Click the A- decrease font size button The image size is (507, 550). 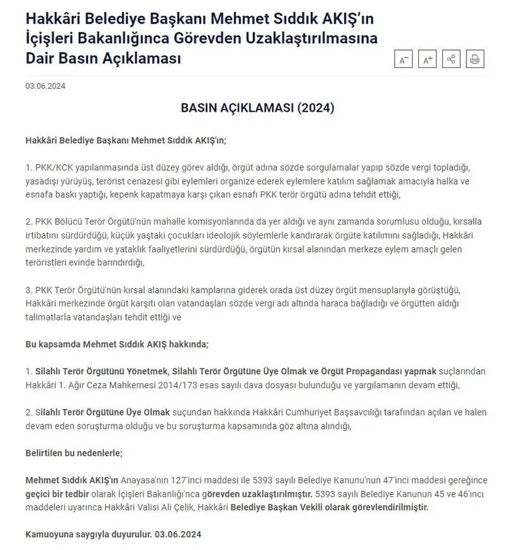(404, 60)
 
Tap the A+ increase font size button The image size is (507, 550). (428, 60)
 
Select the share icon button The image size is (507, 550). (451, 60)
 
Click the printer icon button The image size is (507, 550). (475, 60)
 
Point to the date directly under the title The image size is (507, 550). (46, 86)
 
